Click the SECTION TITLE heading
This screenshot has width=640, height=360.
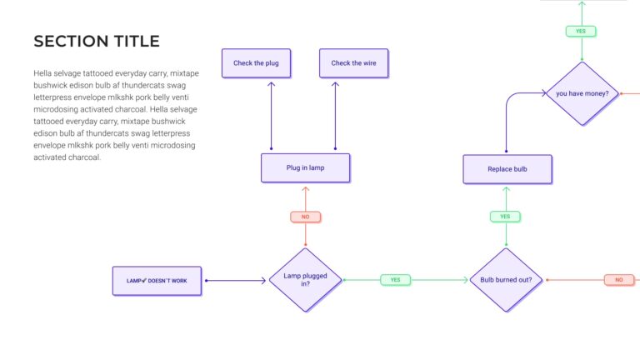pos(97,41)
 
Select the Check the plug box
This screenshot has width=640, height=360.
pos(256,63)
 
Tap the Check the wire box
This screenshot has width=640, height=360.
pos(353,63)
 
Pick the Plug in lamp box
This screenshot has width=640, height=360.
pos(305,167)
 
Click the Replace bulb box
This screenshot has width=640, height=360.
pos(507,169)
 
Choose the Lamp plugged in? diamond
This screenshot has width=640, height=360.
pos(305,280)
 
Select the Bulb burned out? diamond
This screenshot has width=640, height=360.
pos(506,280)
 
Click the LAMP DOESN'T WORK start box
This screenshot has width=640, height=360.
pos(157,281)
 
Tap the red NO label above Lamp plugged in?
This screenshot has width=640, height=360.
pos(305,217)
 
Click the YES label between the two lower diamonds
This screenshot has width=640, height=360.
pos(395,280)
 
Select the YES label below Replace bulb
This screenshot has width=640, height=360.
pos(505,217)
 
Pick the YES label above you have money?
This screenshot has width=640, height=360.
pos(581,31)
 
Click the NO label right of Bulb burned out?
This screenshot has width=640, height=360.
pos(618,280)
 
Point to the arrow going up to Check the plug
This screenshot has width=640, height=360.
pos(272,117)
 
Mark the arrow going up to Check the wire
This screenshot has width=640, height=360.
pos(335,117)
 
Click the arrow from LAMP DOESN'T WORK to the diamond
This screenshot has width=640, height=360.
pos(235,281)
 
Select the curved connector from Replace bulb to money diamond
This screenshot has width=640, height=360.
pos(508,117)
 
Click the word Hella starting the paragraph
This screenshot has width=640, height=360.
pos(43,73)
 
